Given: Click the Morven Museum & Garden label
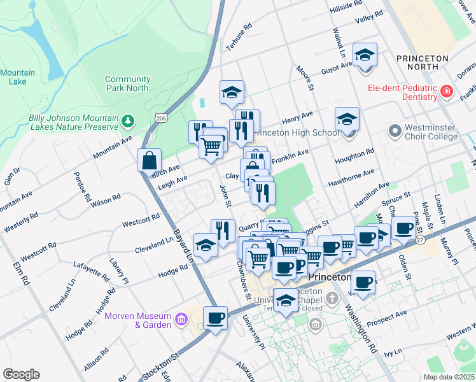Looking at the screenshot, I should pyautogui.click(x=138, y=320).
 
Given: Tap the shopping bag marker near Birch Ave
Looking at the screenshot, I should pyautogui.click(x=149, y=162).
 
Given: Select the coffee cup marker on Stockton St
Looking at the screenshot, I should pyautogui.click(x=216, y=318).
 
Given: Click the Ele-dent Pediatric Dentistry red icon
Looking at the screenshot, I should pyautogui.click(x=446, y=93).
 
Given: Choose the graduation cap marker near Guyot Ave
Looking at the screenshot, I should pyautogui.click(x=365, y=55).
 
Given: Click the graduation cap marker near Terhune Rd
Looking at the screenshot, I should pyautogui.click(x=232, y=93).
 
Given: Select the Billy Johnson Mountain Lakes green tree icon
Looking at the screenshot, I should pyautogui.click(x=128, y=120).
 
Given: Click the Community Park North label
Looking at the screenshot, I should pyautogui.click(x=127, y=84).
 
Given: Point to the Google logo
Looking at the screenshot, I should pyautogui.click(x=21, y=374).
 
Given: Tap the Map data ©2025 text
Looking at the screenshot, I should pyautogui.click(x=449, y=377).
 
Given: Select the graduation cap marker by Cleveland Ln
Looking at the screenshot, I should pyautogui.click(x=205, y=246).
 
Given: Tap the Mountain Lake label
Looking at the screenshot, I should pyautogui.click(x=17, y=77).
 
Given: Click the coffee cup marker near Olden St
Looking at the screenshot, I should pyautogui.click(x=403, y=229).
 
